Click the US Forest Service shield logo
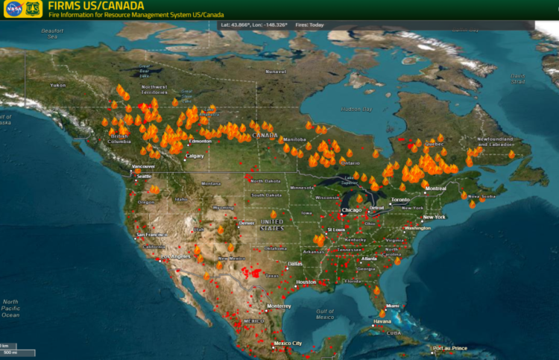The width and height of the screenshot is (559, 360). point(32,9)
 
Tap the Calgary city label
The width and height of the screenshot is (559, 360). point(195,156)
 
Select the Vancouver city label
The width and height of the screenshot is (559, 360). point(143,166)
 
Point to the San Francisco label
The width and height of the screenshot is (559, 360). point(150,235)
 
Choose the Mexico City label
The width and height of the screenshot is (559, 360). point(287,343)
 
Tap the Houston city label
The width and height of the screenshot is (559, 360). point(306,282)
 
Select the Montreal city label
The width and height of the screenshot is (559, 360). point(435,189)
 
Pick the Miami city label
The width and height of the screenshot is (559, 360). point(393,306)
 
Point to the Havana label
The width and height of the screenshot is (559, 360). point(382,322)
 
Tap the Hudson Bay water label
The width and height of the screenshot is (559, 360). point(357,109)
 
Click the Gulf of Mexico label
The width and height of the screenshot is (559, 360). point(325,314)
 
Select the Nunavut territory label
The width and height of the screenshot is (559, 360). point(275,72)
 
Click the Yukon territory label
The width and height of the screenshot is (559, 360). point(58,85)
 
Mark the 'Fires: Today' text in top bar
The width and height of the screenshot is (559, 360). point(310,25)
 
